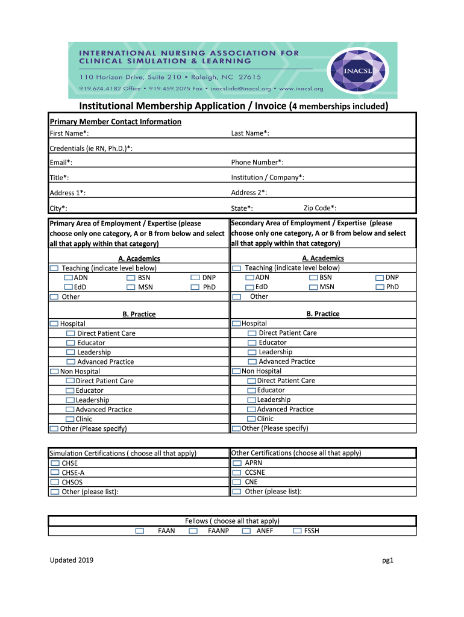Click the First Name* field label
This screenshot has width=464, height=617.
point(69,133)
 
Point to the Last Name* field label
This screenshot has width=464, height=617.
point(250,133)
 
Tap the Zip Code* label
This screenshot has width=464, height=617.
point(320,208)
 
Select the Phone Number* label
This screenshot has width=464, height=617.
point(257,162)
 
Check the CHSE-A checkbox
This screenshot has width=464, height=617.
point(55,473)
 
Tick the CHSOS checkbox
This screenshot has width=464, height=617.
point(55,483)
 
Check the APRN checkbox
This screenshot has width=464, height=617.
point(237,463)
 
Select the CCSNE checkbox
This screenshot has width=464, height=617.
point(237,473)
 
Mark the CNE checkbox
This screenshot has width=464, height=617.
point(237,483)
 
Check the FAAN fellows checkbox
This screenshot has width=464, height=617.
point(140,531)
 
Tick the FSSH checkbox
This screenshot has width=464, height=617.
point(298,531)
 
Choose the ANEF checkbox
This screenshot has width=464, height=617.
point(246,531)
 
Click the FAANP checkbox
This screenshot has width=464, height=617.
point(193,531)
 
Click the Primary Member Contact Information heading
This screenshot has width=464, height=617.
point(115,122)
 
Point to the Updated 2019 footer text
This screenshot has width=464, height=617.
point(71,561)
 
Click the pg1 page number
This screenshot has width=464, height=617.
point(387,561)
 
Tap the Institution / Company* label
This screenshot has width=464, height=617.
point(268,177)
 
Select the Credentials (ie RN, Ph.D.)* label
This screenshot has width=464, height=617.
point(91,148)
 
